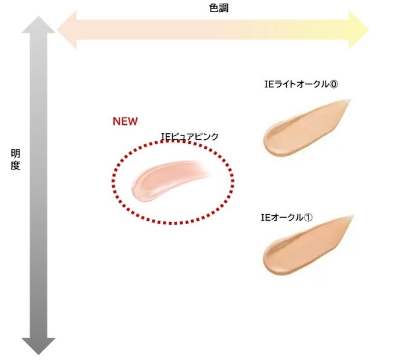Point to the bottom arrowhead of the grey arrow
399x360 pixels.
(39, 346)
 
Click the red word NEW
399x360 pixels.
(125, 121)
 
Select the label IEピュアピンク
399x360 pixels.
(190, 137)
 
